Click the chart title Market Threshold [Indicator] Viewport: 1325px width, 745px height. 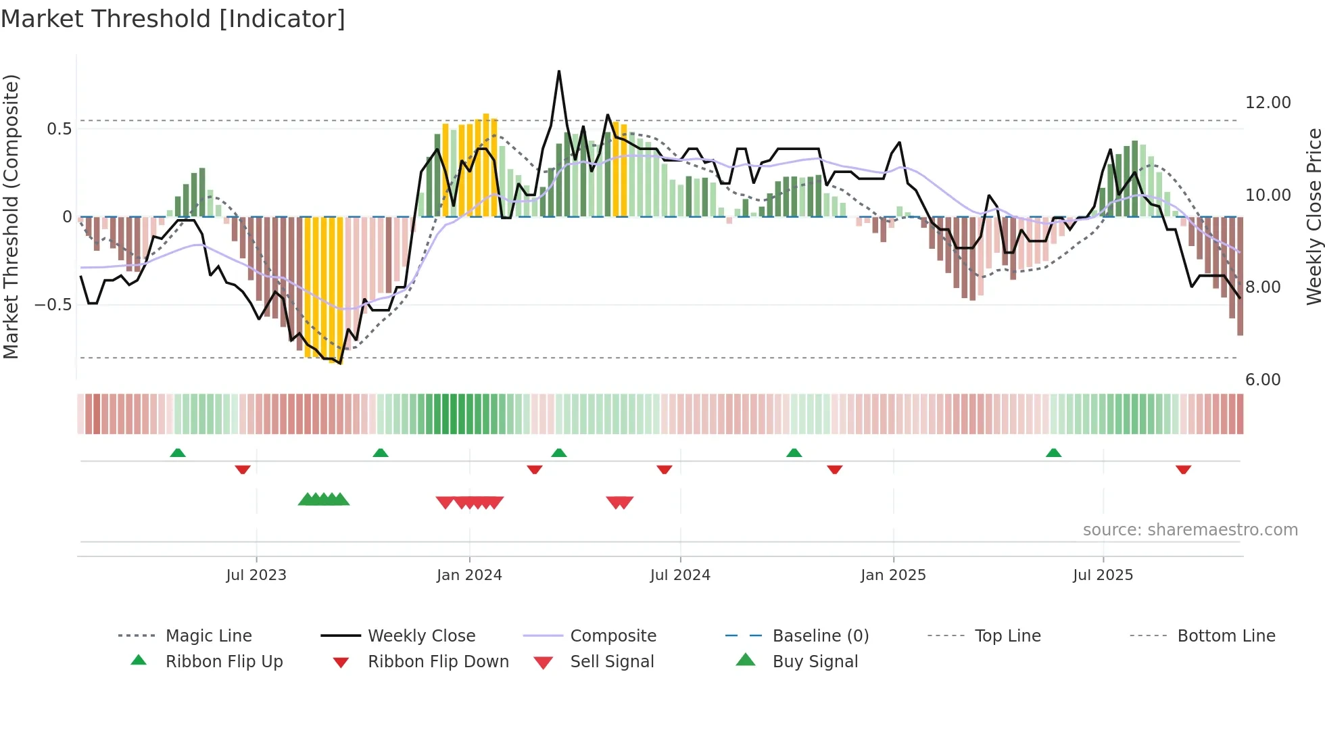coord(173,19)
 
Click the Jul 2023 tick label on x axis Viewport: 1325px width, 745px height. coord(256,575)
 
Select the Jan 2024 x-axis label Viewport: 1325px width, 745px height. coord(469,575)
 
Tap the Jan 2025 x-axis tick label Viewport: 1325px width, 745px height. coord(893,575)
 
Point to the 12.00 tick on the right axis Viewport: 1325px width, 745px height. coord(1268,103)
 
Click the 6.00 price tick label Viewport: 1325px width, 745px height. coord(1263,380)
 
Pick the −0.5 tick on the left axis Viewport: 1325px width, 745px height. coord(53,305)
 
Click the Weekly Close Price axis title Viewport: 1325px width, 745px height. coord(1314,216)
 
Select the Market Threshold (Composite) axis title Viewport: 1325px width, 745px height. coord(11,216)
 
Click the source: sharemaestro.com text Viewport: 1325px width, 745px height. coord(1190,530)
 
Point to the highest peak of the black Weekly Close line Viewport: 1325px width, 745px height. coord(559,72)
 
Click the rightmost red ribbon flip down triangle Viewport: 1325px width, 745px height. coord(1183,469)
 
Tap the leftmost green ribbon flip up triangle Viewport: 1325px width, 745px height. coord(178,453)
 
